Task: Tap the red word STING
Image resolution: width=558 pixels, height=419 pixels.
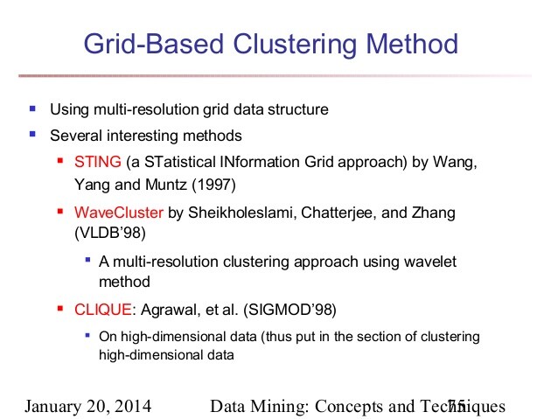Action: coord(97,164)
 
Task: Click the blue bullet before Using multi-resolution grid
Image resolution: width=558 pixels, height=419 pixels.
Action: coord(32,109)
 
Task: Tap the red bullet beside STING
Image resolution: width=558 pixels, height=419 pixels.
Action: coord(59,163)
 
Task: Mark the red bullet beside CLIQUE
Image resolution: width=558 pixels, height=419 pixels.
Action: coord(59,308)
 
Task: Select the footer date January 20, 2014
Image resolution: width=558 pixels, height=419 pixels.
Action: coord(87,407)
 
